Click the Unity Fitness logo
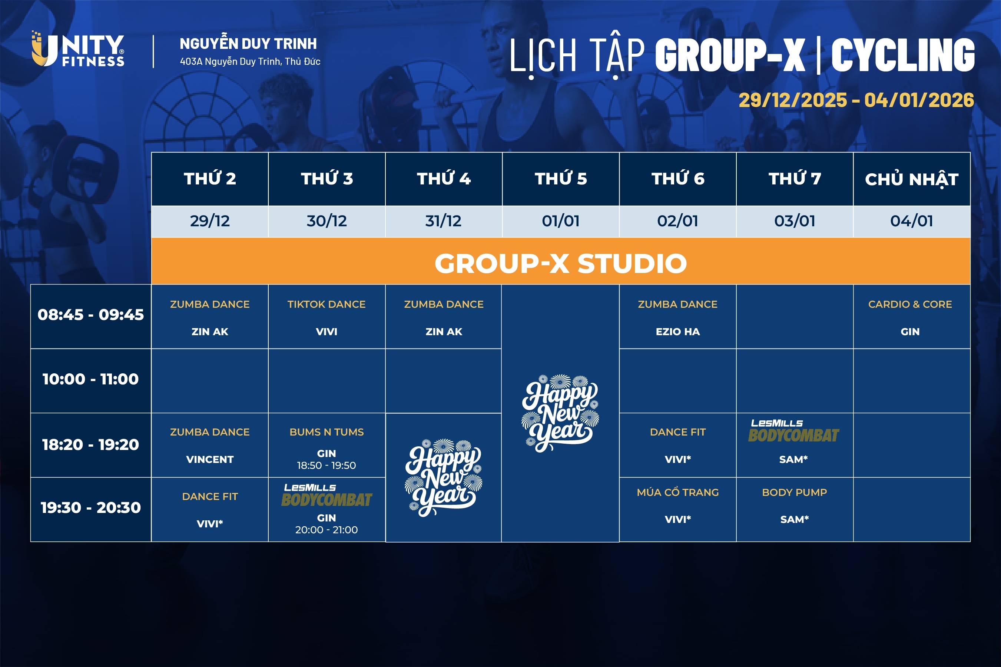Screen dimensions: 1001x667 (x=78, y=49)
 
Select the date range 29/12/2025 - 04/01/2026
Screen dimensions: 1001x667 (x=856, y=100)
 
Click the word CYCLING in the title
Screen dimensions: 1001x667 (x=903, y=55)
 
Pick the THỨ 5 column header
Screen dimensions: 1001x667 (x=560, y=179)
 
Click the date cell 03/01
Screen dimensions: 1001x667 (x=795, y=221)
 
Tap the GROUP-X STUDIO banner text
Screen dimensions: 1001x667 (x=560, y=263)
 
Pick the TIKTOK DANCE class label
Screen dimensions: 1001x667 (x=327, y=304)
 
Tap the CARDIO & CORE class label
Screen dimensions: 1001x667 (x=910, y=304)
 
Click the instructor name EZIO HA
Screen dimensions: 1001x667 (x=677, y=331)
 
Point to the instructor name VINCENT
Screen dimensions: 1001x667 (x=210, y=459)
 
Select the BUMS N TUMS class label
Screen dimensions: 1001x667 (x=327, y=432)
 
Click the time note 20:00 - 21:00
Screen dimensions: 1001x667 (x=327, y=530)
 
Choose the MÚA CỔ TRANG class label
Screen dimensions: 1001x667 (x=677, y=492)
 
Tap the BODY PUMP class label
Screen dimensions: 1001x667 (x=794, y=492)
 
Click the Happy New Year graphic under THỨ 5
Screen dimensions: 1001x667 (x=560, y=413)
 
